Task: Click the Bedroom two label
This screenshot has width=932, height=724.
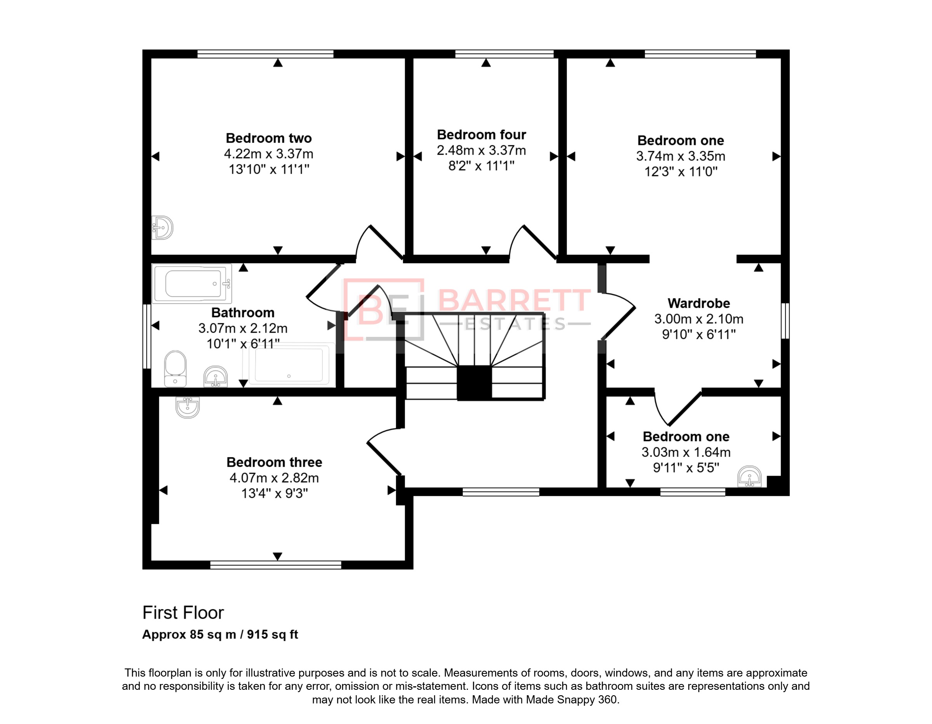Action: coord(268,138)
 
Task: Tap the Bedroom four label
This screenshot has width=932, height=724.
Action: coord(482,134)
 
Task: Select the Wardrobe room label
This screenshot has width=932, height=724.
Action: coord(699,303)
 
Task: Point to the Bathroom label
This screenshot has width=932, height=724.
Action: coord(243,313)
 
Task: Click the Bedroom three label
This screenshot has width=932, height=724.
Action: coord(275,462)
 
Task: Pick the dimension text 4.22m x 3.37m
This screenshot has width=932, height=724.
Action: coord(269,154)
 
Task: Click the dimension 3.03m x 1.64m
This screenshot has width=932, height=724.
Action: coord(686,452)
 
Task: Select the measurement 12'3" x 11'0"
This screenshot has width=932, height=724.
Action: coord(681,172)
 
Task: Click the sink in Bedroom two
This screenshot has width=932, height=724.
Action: coord(163,228)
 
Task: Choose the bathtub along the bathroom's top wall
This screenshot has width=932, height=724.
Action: coord(192,283)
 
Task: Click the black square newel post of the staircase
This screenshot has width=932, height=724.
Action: coord(474,383)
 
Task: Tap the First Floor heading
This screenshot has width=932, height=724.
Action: coord(183,613)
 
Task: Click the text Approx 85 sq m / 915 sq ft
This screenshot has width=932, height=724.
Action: coord(220,635)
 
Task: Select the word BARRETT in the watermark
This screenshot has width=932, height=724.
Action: coord(514,300)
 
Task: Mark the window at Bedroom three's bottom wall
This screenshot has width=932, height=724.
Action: coord(276,565)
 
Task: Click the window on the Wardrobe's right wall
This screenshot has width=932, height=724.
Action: coord(785,321)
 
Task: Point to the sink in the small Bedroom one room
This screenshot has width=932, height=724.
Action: coord(749,476)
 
